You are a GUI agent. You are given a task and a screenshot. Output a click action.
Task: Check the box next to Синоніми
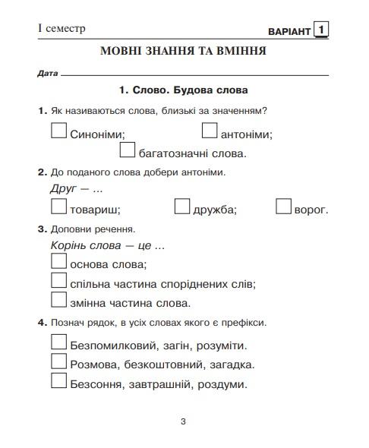58,131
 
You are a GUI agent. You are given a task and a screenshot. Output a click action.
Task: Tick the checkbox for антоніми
210,131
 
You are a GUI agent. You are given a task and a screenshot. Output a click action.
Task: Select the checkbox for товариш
58,207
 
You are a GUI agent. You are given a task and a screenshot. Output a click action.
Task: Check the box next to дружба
181,207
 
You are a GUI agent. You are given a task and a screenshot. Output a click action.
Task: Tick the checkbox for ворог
284,207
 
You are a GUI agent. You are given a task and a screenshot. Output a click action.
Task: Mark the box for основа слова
58,262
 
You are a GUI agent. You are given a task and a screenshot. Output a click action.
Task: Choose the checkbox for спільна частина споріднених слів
58,281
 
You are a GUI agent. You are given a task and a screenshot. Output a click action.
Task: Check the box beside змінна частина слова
58,301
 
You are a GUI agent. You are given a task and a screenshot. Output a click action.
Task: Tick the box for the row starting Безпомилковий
58,342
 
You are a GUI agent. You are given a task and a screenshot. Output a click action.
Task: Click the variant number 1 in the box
323,30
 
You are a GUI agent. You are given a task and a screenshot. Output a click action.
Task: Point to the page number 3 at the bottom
183,422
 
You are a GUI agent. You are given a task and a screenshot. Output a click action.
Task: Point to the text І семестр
61,29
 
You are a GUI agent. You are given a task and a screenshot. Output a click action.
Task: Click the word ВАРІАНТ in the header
289,31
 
